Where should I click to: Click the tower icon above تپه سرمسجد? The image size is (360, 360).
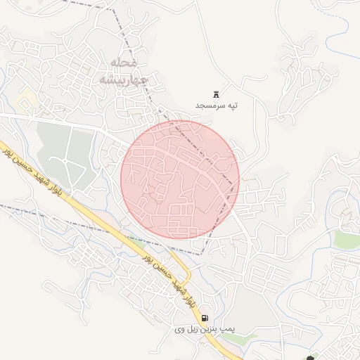point(216,94)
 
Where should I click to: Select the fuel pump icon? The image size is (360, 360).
point(205,318)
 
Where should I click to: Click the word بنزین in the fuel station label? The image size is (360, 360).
point(207,328)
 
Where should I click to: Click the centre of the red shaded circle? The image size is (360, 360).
point(180,179)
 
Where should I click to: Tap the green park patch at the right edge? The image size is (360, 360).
point(347,239)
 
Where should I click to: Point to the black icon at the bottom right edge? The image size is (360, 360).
point(311,357)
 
